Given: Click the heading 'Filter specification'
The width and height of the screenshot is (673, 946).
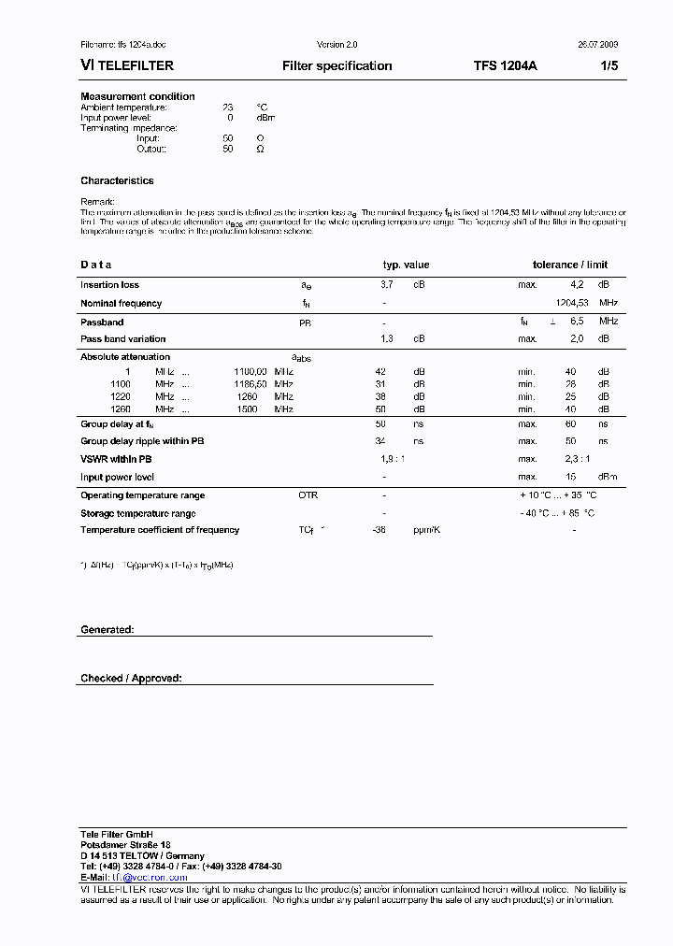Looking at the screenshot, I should click(336, 66).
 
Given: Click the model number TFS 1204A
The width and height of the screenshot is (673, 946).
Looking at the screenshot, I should click(506, 66).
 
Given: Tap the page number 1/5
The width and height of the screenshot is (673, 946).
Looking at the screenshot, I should click(608, 66).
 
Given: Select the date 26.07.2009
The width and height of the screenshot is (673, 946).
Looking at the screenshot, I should click(593, 45).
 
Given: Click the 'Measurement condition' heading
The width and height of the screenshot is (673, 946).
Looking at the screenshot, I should click(137, 96).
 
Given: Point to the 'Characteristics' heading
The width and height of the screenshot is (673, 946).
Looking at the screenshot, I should click(117, 180).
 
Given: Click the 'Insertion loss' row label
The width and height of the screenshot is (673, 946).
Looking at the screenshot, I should click(109, 284).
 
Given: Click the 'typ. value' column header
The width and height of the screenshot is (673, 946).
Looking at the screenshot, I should click(406, 265).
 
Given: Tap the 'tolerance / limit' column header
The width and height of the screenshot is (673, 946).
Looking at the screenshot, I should click(569, 265).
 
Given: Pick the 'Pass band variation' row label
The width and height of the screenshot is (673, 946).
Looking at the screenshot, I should click(122, 338).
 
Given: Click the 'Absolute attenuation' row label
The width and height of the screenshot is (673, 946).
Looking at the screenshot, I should click(125, 356).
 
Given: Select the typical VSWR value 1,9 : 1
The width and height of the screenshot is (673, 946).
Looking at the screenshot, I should click(393, 459).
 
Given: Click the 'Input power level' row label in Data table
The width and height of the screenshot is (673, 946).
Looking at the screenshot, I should click(117, 477).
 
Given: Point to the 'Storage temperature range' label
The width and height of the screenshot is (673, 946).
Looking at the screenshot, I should click(137, 513).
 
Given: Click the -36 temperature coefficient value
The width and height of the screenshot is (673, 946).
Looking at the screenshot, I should click(379, 530).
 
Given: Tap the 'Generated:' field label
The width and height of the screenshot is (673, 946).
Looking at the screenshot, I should click(107, 630).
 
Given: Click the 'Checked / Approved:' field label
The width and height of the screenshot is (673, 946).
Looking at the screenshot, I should click(131, 678).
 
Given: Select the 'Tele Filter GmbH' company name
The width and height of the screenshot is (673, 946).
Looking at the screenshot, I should click(116, 833).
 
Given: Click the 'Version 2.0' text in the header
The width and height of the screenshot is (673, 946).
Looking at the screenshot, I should click(336, 45).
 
